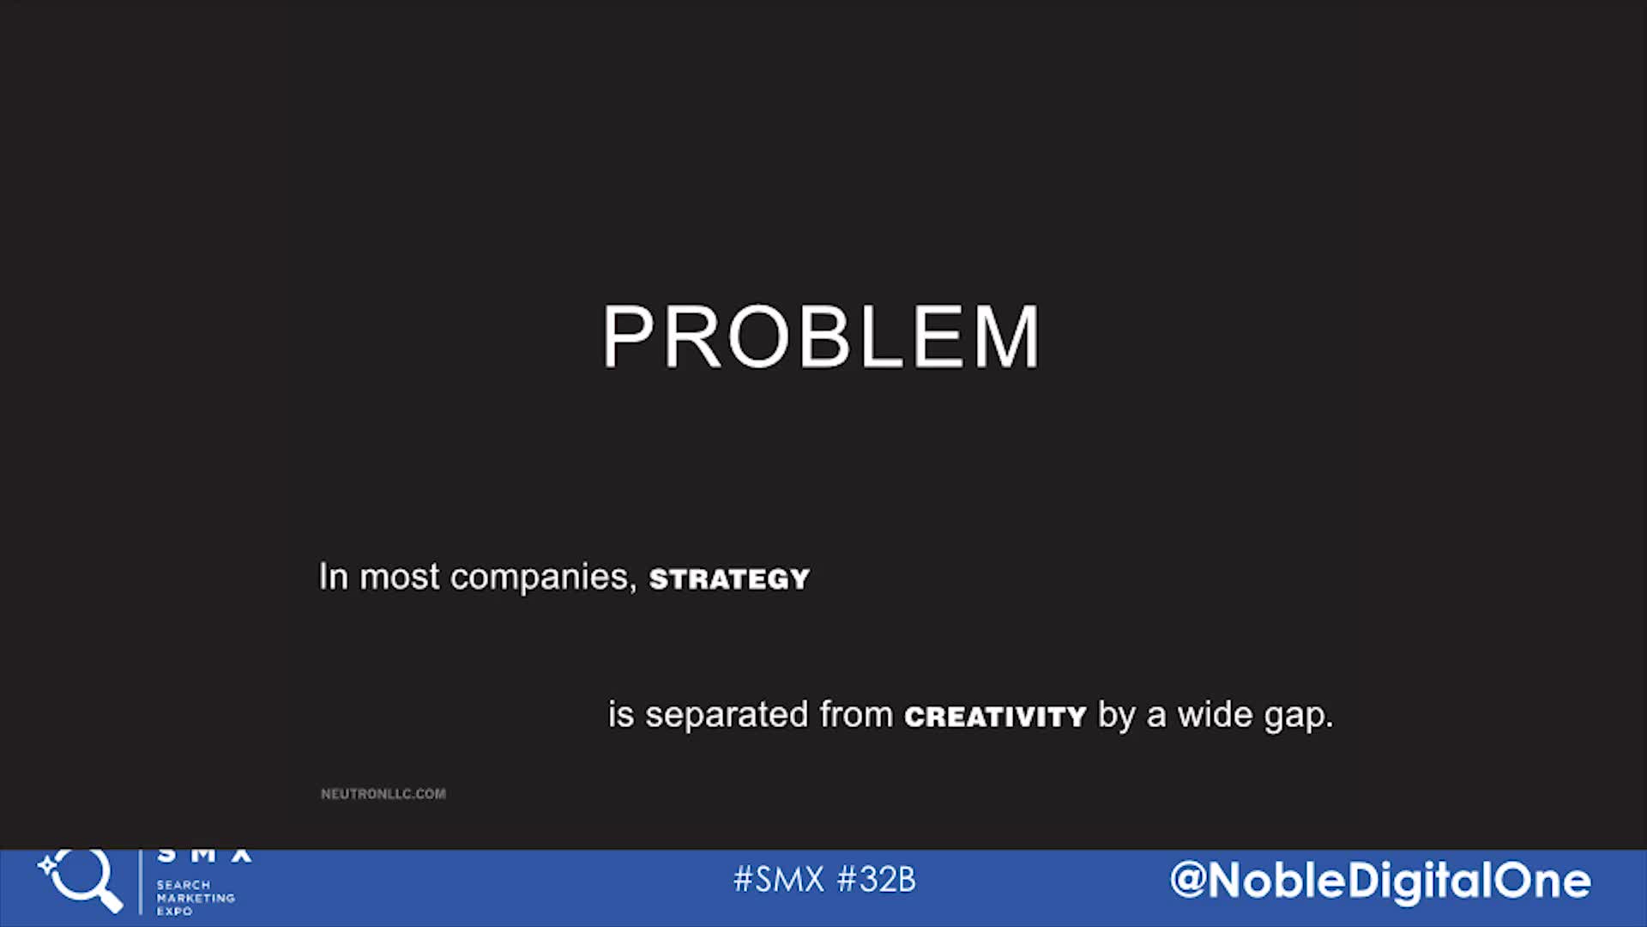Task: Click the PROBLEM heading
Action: [821, 336]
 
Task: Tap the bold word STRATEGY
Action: [729, 579]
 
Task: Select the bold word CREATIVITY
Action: [995, 717]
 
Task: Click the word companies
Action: [544, 578]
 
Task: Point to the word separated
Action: [727, 715]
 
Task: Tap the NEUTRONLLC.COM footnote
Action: [383, 794]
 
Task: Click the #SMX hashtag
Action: [779, 880]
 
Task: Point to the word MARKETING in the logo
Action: [196, 898]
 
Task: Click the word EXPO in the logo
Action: [174, 912]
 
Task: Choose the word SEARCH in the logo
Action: [184, 885]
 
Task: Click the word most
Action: [399, 578]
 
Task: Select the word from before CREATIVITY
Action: [856, 714]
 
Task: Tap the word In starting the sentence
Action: [334, 577]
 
